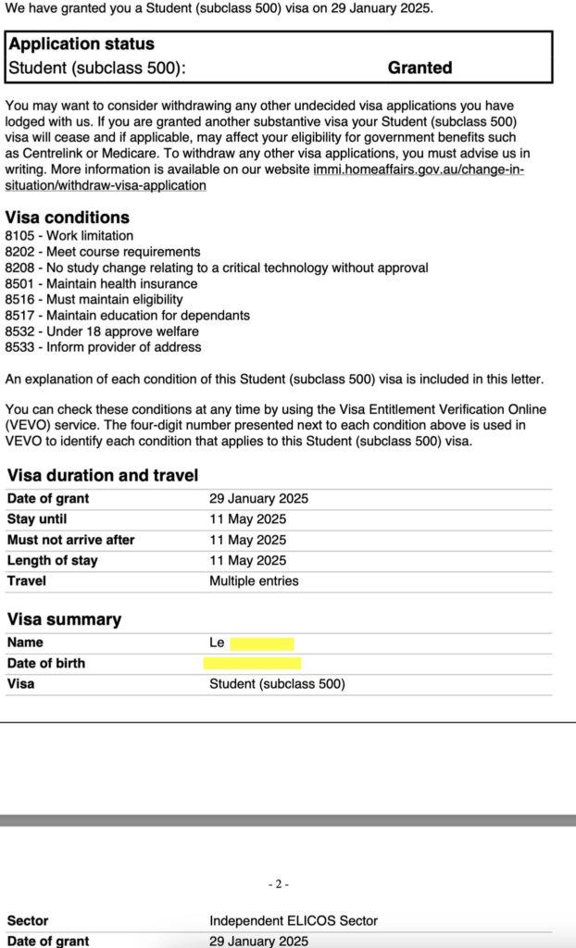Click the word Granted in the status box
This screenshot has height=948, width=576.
pos(419,68)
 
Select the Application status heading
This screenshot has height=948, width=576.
pos(81,44)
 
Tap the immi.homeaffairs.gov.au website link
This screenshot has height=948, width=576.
pos(419,169)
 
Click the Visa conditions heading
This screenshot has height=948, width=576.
pos(68,218)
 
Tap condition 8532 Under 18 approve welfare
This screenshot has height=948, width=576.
pos(102,331)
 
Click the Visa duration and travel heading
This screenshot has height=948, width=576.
pos(103,476)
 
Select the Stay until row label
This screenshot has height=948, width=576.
pos(37,519)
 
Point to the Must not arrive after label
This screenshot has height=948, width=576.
pos(71,540)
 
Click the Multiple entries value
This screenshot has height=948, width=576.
pos(254,580)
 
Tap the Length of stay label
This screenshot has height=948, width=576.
pos(53,560)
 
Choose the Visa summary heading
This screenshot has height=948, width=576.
pos(65,619)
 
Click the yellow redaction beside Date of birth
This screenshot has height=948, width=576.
pos(252,663)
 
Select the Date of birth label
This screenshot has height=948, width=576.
pos(46,663)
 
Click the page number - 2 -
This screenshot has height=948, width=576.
pos(279,884)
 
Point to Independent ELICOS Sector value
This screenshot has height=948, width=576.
pos(294,921)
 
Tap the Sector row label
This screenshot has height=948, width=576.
pos(28,921)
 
